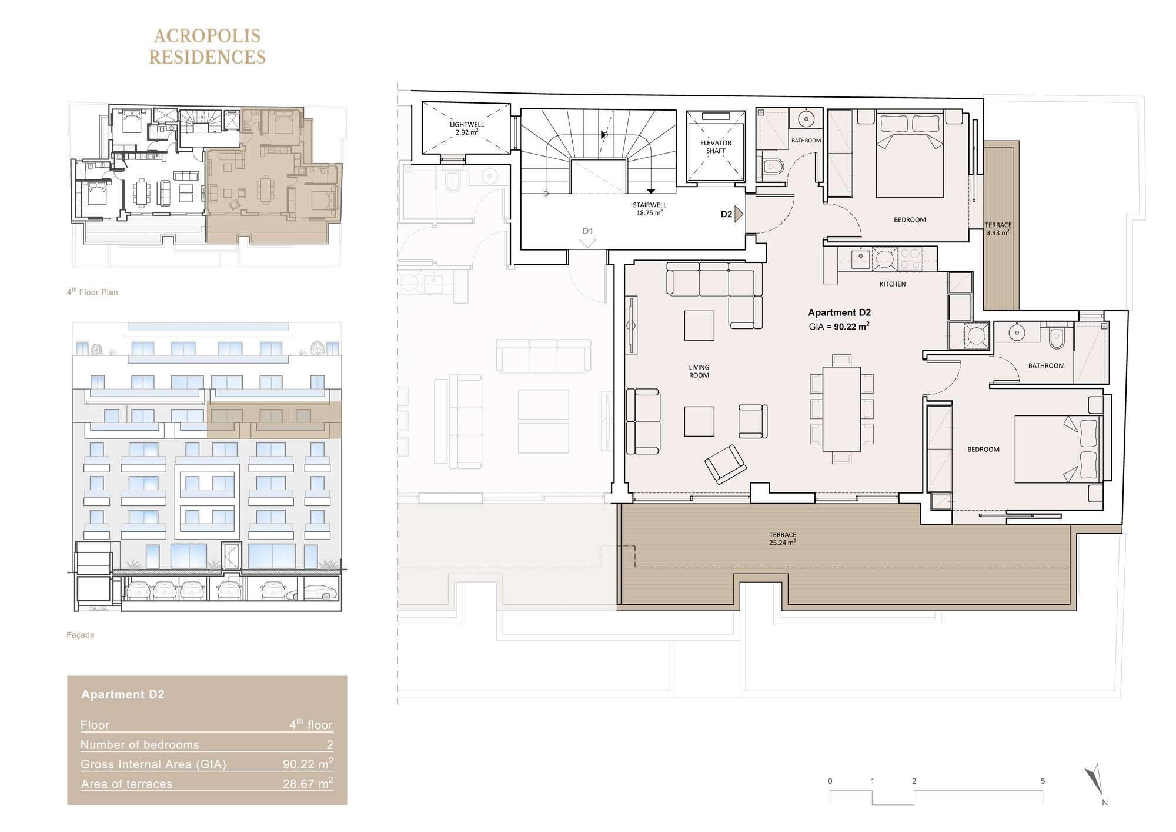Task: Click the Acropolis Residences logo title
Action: (x=207, y=46)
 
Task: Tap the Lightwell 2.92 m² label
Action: (x=467, y=128)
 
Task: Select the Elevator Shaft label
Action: (x=716, y=147)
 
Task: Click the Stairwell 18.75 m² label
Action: (x=650, y=209)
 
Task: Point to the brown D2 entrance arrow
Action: (x=739, y=214)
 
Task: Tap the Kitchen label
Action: (x=893, y=284)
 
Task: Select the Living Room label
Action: (x=699, y=371)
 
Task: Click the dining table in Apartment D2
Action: (x=841, y=408)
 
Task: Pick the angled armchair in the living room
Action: (x=726, y=464)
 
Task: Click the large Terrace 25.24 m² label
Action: (x=783, y=539)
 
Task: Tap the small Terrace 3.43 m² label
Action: (x=998, y=229)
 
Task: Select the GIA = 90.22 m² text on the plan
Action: (x=839, y=326)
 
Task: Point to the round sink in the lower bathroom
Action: (x=1017, y=333)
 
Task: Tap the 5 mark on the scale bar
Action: (x=1043, y=781)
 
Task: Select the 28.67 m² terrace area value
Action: (x=308, y=783)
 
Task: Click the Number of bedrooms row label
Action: (x=140, y=745)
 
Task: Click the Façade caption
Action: (x=81, y=635)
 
